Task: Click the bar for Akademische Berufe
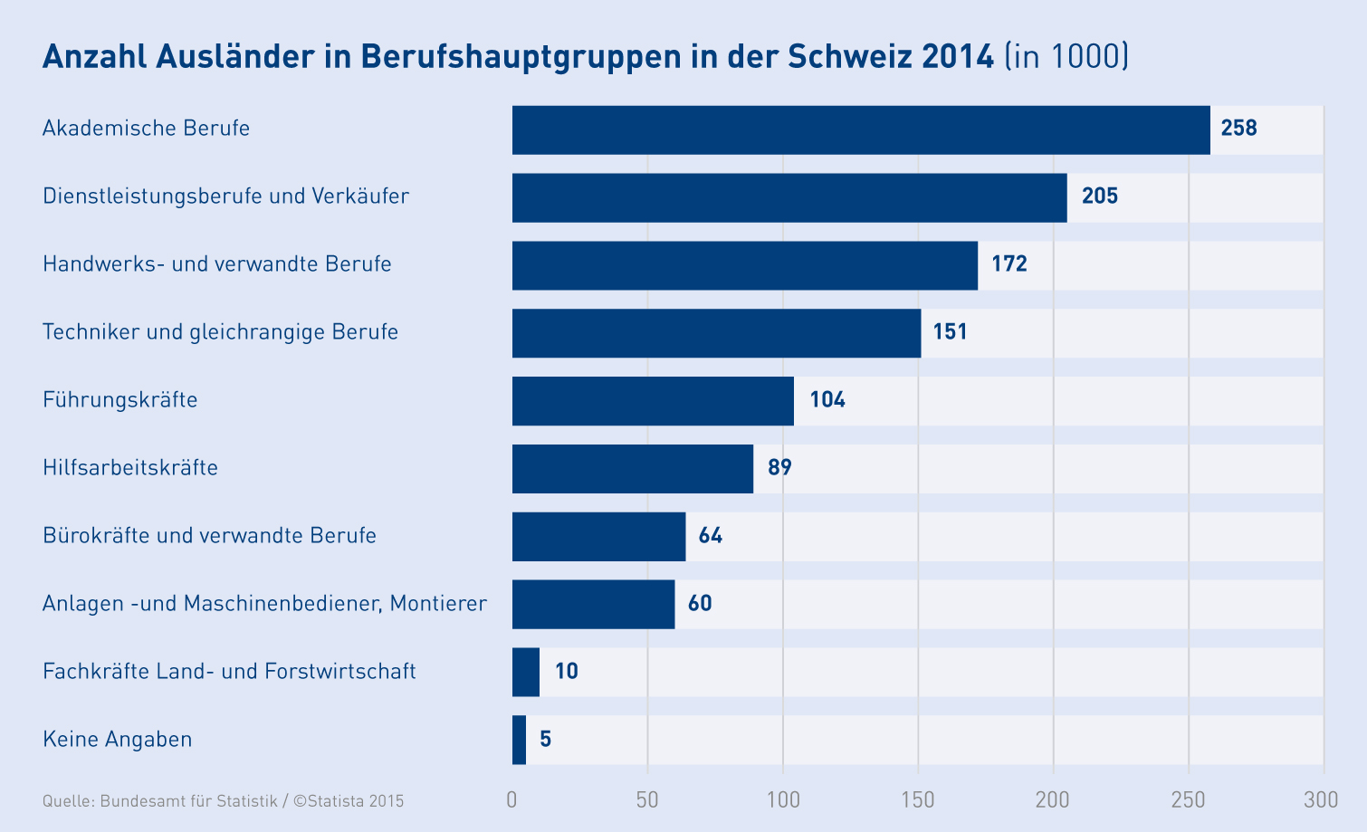860,129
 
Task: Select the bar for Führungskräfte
653,401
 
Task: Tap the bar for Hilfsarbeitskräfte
632,469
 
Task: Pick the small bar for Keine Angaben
519,740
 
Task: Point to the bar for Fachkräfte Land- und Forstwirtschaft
526,672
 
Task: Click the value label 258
1238,128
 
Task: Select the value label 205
1099,196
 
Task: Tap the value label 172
1009,263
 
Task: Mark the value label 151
950,331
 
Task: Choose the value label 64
710,535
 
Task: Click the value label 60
700,603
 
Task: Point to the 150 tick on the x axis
918,799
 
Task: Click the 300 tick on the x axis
1321,799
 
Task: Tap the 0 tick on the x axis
512,799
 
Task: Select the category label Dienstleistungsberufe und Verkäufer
225,196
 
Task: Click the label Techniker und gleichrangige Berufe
220,331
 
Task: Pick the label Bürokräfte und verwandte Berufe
209,535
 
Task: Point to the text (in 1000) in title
1066,56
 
